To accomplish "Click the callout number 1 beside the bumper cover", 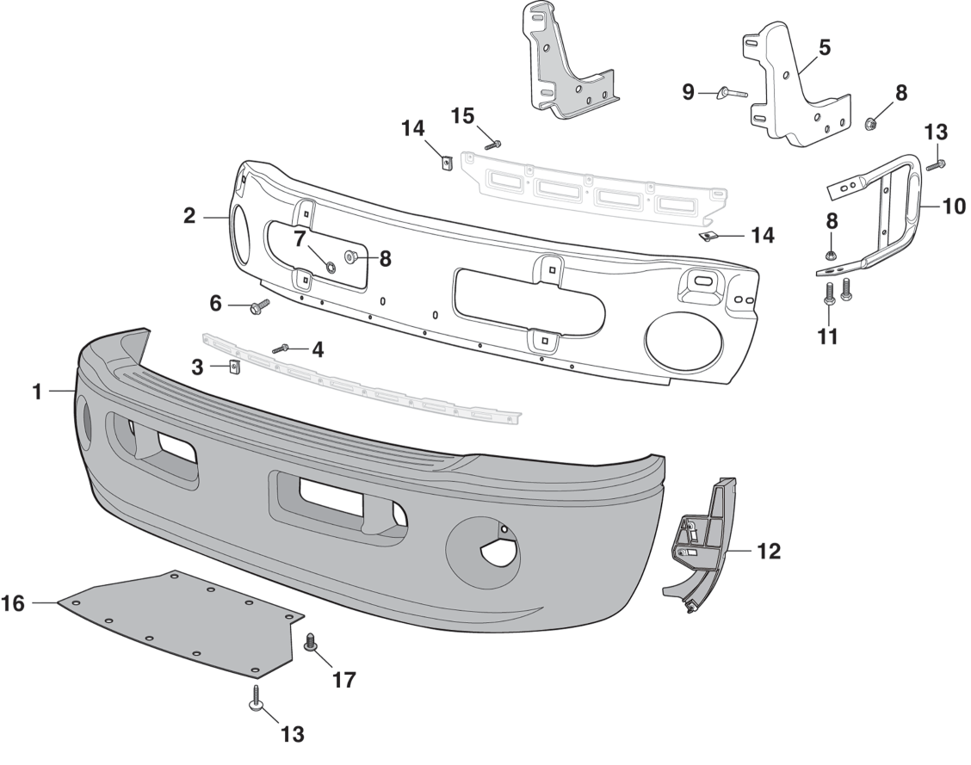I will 37,392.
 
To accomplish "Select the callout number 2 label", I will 189,217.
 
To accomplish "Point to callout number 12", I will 768,552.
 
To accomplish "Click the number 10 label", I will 953,207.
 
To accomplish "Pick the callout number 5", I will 824,47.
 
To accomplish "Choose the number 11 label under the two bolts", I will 827,336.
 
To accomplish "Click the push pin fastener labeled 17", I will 312,642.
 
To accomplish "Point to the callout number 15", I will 462,115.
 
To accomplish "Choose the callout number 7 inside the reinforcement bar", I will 300,239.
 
